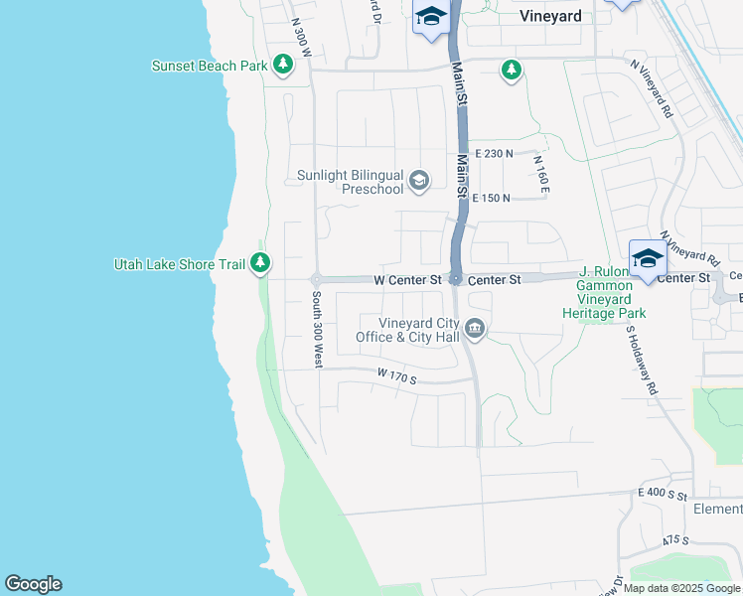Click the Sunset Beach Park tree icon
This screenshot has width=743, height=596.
point(284,66)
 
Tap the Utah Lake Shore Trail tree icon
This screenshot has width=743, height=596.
point(260,263)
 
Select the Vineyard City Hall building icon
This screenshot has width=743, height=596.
point(475,330)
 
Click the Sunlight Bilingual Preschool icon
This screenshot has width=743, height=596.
point(419,180)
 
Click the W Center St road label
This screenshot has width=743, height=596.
point(407,281)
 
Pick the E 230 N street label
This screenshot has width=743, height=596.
point(494,154)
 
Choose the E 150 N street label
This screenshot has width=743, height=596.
point(492,199)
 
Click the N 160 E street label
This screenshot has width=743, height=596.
point(541,175)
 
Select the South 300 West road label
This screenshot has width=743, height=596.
point(316,331)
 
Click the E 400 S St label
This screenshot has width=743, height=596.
point(664,493)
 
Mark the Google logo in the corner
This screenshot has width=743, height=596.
point(33,584)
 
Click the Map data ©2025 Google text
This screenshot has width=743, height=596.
point(680,588)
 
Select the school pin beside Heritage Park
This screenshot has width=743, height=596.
point(648,260)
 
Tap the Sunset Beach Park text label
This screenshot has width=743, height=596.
point(210,67)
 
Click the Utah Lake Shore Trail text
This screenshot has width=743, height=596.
point(179,264)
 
